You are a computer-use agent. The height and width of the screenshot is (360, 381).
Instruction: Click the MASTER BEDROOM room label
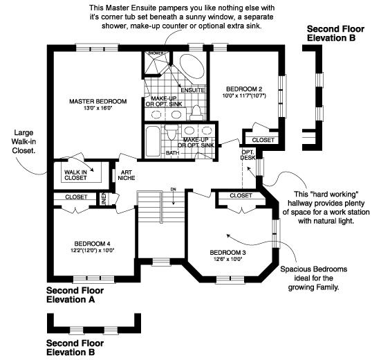(x=95, y=101)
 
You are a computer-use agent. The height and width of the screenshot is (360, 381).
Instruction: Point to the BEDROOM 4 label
(x=93, y=243)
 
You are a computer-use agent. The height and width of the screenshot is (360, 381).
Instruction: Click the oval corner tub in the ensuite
(x=190, y=69)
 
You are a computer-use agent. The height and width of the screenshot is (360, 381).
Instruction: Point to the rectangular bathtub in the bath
(x=152, y=142)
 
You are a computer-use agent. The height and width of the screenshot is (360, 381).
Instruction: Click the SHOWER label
(x=156, y=53)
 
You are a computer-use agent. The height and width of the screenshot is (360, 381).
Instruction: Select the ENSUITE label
(x=192, y=90)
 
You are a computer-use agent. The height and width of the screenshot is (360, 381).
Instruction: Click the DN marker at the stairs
(x=173, y=189)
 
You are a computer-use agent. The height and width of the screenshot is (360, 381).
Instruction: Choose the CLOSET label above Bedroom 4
(x=76, y=197)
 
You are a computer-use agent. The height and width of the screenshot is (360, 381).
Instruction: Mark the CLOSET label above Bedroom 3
(x=240, y=196)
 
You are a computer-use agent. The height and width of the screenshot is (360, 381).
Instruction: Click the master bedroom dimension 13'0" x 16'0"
(x=95, y=109)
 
